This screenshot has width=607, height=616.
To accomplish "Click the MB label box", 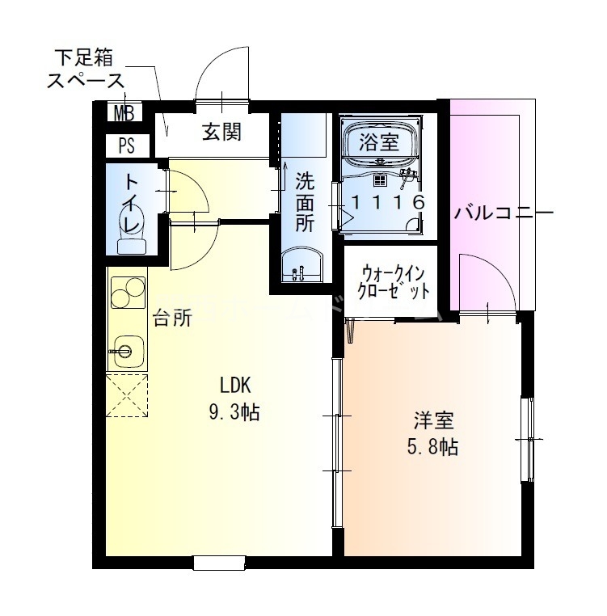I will [124, 112].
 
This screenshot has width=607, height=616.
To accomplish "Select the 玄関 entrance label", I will [221, 132].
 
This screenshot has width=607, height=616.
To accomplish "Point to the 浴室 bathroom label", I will [378, 143].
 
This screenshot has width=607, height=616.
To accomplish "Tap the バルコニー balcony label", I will [503, 213].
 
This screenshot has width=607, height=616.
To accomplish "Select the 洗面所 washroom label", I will [304, 201].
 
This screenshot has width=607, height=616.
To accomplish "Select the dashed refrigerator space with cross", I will [127, 395].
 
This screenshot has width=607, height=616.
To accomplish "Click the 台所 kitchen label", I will [172, 318].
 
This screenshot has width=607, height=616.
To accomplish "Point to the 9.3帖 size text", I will [234, 412].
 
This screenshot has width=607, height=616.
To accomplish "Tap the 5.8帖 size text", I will [434, 445].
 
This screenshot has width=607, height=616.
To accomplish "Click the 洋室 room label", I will [434, 420].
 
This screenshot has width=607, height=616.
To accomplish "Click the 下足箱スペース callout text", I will [86, 70].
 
